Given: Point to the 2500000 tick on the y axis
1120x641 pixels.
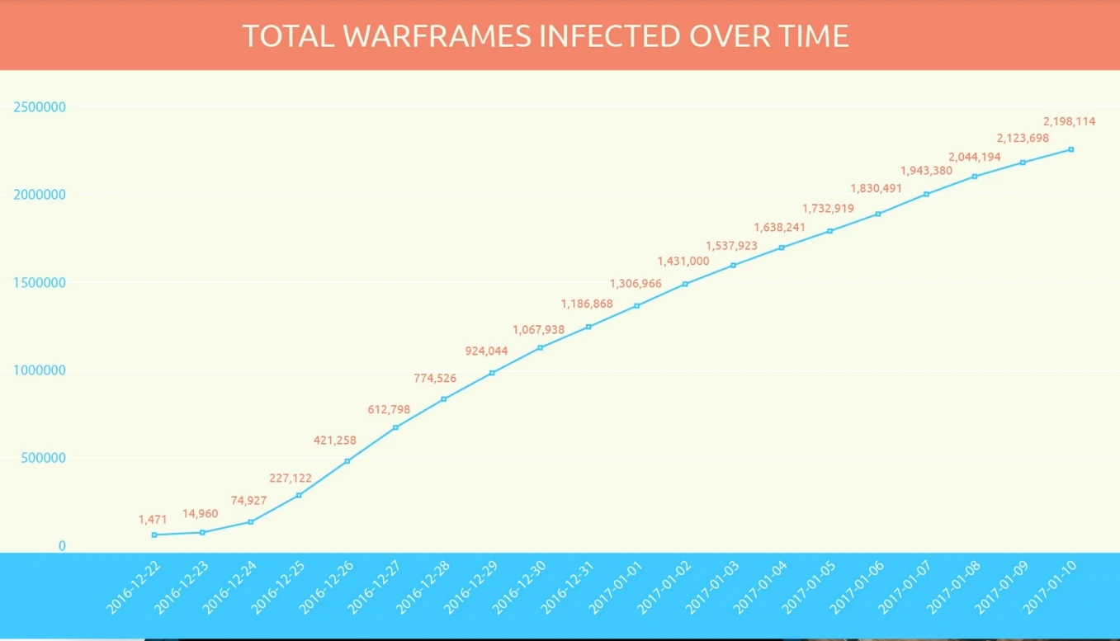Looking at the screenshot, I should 40,107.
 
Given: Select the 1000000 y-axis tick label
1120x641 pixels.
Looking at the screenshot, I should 40,370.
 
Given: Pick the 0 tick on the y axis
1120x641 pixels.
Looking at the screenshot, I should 62,546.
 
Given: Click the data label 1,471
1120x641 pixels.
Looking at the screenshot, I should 153,520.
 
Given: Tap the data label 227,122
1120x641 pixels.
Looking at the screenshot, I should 291,478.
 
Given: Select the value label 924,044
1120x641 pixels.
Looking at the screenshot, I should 487,351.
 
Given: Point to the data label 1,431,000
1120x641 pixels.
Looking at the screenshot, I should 683,261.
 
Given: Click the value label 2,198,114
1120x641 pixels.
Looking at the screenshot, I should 1069,121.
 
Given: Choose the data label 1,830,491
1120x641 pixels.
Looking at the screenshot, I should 877,188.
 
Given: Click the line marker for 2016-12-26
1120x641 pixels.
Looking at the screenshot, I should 347,461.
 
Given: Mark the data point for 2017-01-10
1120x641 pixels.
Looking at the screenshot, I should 1071,149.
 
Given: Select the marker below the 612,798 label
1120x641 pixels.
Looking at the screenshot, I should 395,427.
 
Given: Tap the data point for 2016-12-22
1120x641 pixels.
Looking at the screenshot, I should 154,535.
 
